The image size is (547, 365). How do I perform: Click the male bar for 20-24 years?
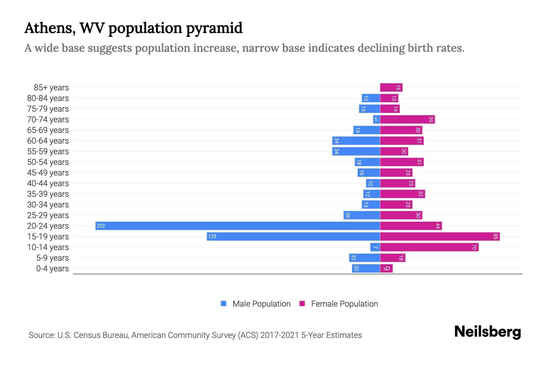click(x=238, y=226)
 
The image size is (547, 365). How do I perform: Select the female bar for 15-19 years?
click(x=440, y=236)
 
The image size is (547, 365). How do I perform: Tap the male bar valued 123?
click(x=293, y=236)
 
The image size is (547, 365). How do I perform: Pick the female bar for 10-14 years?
click(x=429, y=247)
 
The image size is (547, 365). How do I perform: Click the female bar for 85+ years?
click(x=391, y=88)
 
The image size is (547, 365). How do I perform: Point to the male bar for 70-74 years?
click(x=377, y=120)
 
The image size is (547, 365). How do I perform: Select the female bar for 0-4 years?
click(x=386, y=268)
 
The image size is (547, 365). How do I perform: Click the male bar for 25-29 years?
click(x=362, y=215)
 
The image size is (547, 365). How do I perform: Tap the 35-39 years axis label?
click(x=48, y=194)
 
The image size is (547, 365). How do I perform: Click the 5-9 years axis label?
click(x=52, y=258)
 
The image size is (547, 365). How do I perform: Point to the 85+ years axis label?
click(x=51, y=88)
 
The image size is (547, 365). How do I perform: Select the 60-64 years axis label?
click(x=48, y=141)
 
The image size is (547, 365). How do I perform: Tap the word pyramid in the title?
click(x=214, y=28)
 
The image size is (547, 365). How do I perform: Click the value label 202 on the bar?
click(x=101, y=226)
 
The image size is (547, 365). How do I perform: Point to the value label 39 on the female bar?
click(x=431, y=120)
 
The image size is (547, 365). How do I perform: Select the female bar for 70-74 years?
click(x=407, y=120)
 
